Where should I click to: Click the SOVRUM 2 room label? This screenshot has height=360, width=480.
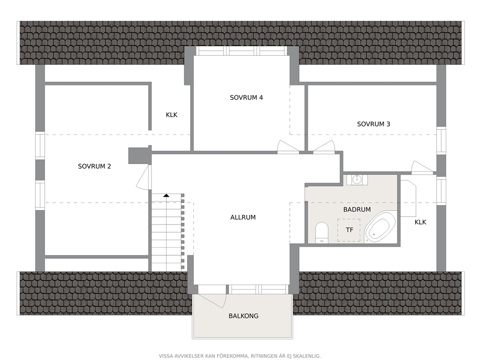point(94,166)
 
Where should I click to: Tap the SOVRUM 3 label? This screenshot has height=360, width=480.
point(374,124)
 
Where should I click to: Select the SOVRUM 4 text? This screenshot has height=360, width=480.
point(246,97)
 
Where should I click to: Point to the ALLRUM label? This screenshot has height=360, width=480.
point(243,217)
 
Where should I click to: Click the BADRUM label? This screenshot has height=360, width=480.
point(357,210)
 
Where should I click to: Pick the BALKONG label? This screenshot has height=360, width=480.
point(243,316)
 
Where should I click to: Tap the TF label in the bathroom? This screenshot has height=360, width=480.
point(349,229)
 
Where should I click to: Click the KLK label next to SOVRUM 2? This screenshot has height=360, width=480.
point(171,115)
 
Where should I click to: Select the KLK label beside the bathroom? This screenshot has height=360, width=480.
point(420,222)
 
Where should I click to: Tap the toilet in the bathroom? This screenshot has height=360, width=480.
point(321,233)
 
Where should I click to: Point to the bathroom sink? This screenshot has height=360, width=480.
point(357,180)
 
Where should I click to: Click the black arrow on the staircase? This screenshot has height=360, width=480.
point(166,195)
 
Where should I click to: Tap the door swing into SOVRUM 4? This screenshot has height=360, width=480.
point(288,147)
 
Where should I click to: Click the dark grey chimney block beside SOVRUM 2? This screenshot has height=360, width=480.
point(139,155)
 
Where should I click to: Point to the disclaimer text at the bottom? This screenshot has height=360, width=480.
point(240,356)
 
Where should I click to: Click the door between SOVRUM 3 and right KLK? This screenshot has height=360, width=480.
point(422,167)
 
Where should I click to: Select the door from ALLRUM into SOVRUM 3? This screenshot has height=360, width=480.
point(324,147)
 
